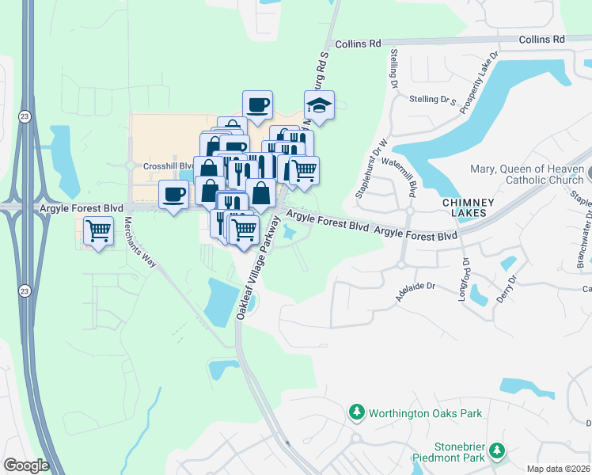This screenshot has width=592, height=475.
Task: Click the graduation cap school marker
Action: [319, 104]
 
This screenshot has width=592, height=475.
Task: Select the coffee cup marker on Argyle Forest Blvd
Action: [174, 193]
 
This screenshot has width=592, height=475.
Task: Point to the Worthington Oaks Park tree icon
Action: [357, 412]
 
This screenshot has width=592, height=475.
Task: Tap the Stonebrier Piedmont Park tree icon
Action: [497, 450]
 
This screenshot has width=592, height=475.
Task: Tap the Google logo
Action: [26, 465]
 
